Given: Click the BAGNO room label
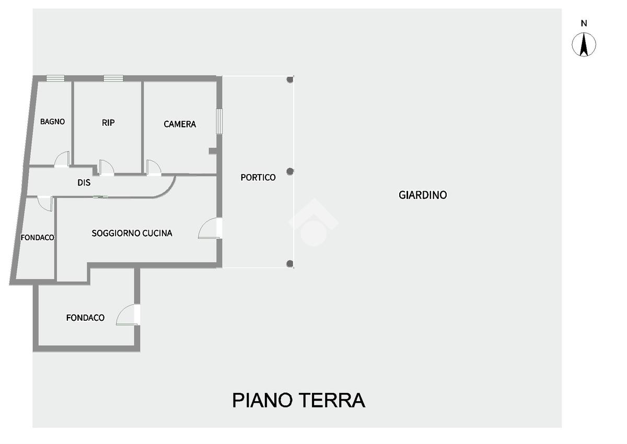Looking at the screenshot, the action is [52, 122].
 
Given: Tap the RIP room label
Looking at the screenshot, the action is [108, 123].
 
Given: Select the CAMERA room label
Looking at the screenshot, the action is [180, 124].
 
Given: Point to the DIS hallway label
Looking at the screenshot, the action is [84, 183].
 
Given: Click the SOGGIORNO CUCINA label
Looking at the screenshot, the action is [132, 233].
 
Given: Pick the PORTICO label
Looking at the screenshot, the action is [258, 178].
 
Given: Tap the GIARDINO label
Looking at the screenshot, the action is [423, 195].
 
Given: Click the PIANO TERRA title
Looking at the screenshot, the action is [298, 401].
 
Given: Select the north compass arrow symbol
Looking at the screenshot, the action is [584, 44].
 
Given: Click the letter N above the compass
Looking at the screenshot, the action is [584, 24].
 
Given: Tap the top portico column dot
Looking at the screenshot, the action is [289, 79].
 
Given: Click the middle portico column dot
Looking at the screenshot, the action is [291, 171].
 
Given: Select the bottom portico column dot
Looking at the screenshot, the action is [290, 263].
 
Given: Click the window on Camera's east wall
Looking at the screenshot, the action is [219, 121].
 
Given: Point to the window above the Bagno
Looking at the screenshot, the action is [55, 78].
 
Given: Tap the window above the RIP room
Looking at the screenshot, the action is [113, 78].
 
